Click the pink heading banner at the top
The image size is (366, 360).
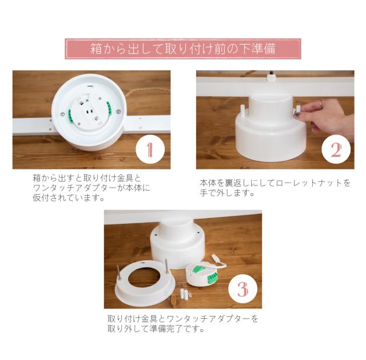(x=183, y=49)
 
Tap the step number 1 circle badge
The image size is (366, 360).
(x=150, y=149)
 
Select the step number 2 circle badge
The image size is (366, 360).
(x=336, y=149)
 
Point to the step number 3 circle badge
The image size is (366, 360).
(x=242, y=289)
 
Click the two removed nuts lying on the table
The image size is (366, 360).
(x=184, y=294)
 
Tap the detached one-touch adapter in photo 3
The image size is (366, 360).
(x=202, y=275)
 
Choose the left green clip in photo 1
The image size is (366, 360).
(x=70, y=116)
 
